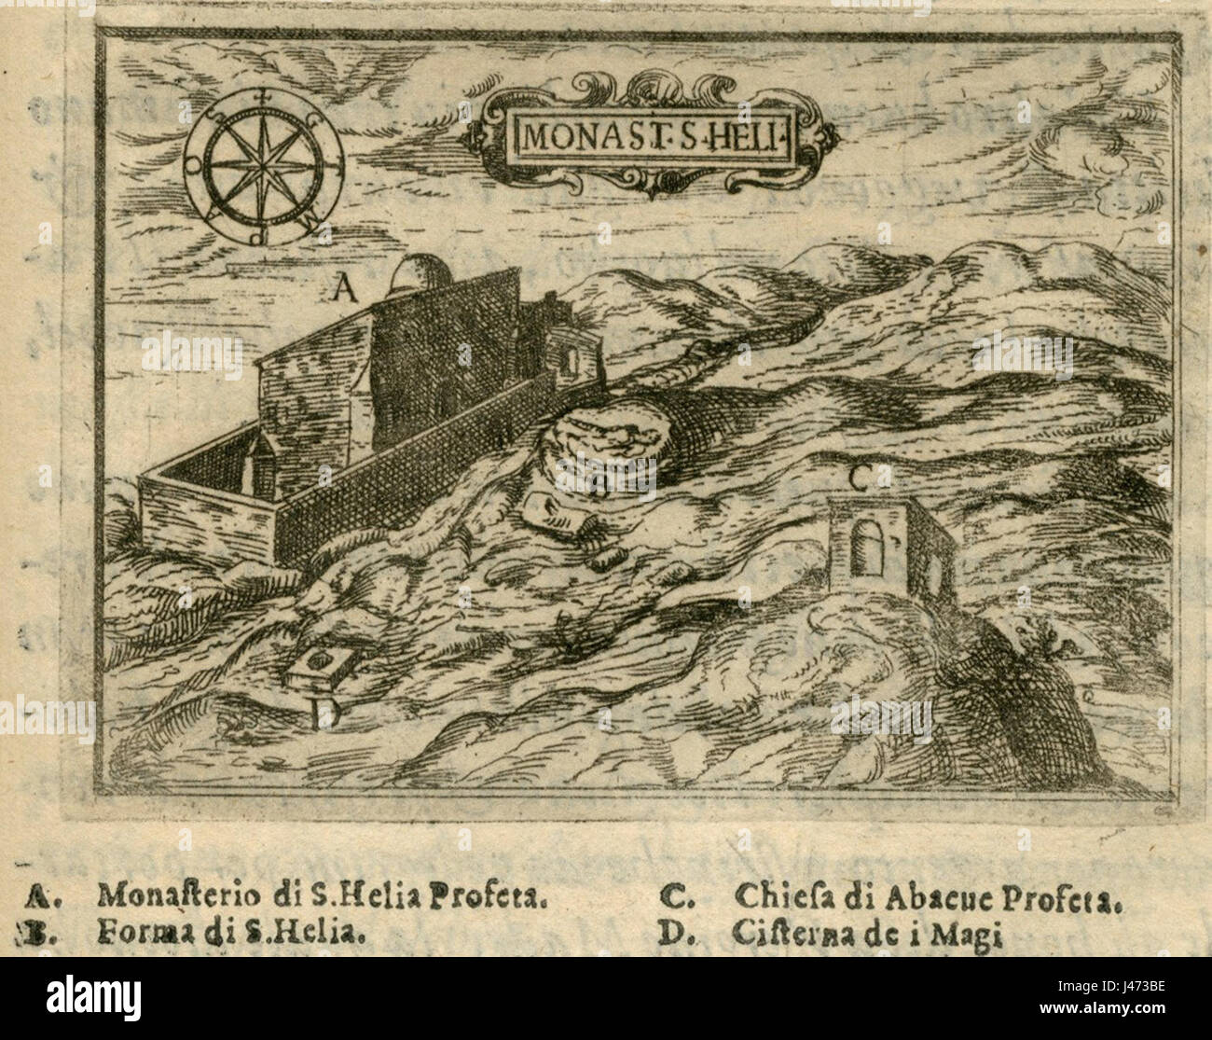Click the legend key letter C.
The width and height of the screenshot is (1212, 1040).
672,899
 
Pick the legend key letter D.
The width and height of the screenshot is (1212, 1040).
672,932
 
